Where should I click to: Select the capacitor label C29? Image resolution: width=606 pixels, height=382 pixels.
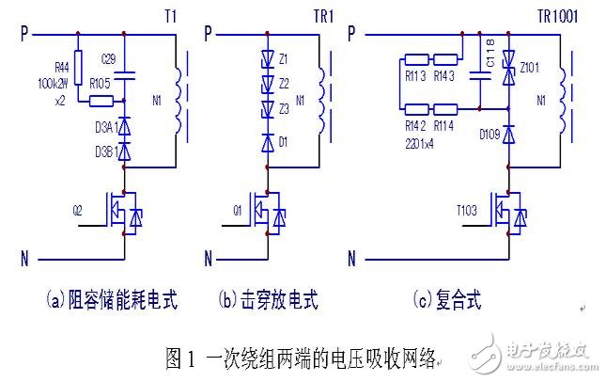pyautogui.click(x=109, y=58)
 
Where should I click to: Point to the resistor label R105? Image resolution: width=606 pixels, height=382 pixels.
pyautogui.click(x=99, y=84)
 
